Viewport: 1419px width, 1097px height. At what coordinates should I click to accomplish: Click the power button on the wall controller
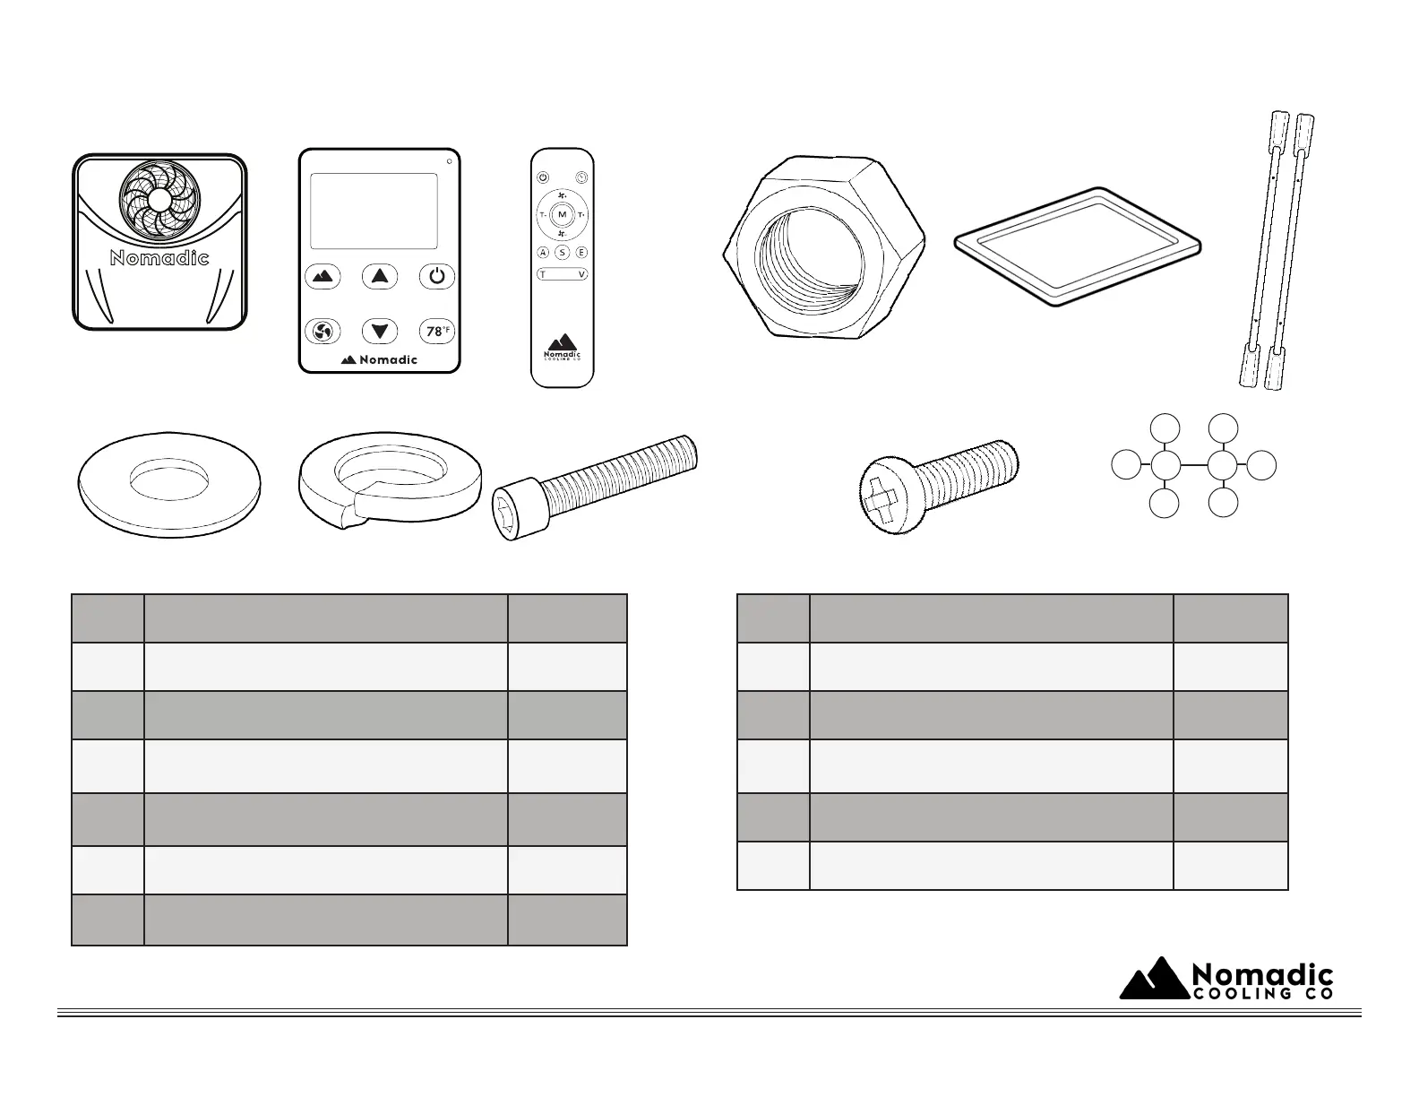coord(436,276)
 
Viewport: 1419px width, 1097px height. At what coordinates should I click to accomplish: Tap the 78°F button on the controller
coord(437,331)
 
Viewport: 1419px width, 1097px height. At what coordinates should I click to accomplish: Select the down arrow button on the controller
coord(380,331)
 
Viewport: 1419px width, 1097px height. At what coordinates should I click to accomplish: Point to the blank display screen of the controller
coord(374,211)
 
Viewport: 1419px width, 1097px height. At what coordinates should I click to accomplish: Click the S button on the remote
coord(562,253)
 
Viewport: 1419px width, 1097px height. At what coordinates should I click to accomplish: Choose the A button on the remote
coord(543,253)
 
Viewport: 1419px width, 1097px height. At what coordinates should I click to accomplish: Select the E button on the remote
coord(581,253)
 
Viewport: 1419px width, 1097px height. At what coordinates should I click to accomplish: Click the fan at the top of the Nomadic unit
coord(157,199)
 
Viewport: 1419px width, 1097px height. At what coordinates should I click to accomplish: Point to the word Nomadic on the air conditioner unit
coord(159,258)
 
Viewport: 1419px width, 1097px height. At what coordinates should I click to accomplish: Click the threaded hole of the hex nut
coord(810,260)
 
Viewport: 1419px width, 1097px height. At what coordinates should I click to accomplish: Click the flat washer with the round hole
coord(170,486)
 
